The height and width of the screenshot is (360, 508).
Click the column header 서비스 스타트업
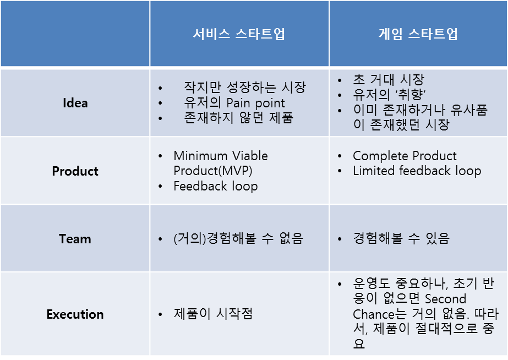tap(239, 34)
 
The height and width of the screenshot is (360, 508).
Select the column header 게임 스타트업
tap(418, 34)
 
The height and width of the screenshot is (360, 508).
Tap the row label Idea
tap(75, 103)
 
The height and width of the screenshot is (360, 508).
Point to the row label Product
tap(75, 171)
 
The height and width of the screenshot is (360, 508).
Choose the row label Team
tap(75, 239)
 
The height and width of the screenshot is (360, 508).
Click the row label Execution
tap(75, 314)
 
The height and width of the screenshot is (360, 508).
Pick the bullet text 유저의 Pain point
tap(234, 103)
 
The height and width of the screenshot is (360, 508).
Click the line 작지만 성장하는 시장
tap(245, 87)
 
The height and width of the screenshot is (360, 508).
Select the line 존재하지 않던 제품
tap(239, 118)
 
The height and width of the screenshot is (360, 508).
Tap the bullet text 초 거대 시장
tap(389, 79)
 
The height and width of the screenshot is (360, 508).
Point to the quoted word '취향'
tap(411, 95)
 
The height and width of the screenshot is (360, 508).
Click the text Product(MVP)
tap(213, 171)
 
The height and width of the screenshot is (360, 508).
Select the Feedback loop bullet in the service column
tap(216, 186)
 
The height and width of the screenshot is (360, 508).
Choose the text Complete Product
tap(405, 156)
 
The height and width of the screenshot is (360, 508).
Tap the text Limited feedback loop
tap(417, 171)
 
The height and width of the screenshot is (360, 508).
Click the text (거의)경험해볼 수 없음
tap(238, 239)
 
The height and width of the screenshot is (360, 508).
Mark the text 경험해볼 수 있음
tap(401, 239)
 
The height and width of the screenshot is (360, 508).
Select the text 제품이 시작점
tap(213, 314)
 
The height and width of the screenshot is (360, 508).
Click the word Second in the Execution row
tap(445, 299)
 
